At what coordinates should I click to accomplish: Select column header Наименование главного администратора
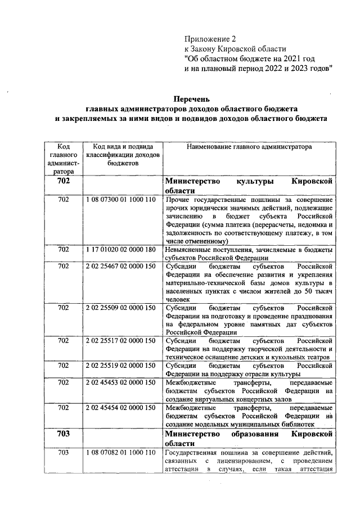coord(247,146)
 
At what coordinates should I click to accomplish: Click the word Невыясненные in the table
coord(190,249)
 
